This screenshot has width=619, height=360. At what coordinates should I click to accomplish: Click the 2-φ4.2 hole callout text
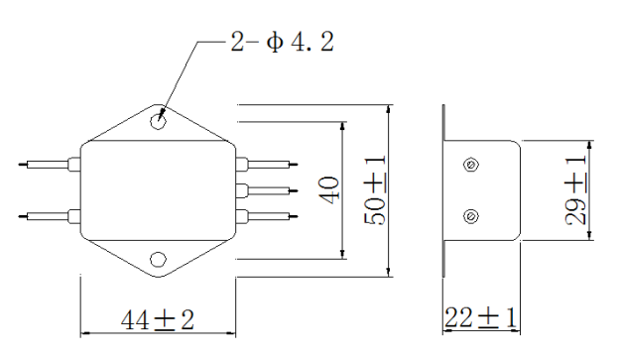click(x=282, y=42)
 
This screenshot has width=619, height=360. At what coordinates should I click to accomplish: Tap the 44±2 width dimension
click(x=158, y=319)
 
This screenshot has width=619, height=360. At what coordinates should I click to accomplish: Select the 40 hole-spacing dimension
click(x=329, y=189)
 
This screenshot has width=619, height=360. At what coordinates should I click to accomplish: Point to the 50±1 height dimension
click(x=375, y=190)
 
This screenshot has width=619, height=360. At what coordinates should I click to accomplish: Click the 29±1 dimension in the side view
click(x=575, y=190)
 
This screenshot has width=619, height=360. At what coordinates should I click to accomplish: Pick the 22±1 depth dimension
click(x=480, y=317)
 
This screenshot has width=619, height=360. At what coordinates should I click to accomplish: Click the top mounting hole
click(x=158, y=122)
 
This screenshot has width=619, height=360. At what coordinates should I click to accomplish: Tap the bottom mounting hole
click(x=158, y=260)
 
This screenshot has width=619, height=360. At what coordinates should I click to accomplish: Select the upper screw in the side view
click(x=470, y=165)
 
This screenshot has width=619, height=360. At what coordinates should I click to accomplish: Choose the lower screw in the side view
click(x=470, y=216)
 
